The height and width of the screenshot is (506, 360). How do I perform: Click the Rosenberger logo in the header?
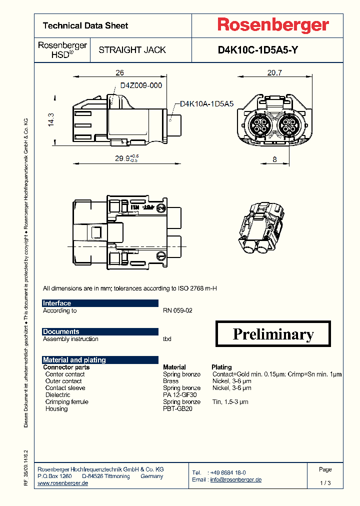(272, 25)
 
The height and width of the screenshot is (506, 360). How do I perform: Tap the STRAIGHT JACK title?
(132, 50)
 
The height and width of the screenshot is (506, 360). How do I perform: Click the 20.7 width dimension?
(274, 73)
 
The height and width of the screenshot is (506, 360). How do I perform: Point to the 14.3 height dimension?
(50, 120)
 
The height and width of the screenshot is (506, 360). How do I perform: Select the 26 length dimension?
(119, 73)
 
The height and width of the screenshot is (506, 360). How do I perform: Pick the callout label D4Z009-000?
(141, 85)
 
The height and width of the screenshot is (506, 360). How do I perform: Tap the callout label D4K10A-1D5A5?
(206, 104)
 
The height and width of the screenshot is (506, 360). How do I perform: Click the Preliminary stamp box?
(273, 334)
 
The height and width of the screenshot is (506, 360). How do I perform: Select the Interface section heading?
(57, 303)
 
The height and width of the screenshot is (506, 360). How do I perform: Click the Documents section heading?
(61, 331)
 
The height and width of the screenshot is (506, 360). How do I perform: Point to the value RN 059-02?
(177, 310)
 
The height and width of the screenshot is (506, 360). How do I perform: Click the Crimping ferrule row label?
(66, 401)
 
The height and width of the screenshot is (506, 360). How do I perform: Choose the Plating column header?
(221, 367)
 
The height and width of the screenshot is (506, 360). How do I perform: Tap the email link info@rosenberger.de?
(235, 479)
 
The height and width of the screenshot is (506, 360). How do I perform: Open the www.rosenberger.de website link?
(63, 483)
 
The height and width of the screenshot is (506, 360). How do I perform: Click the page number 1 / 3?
(325, 483)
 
